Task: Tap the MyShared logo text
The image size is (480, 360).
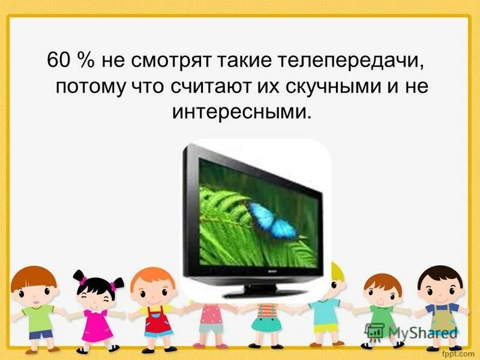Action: click(420, 332)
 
